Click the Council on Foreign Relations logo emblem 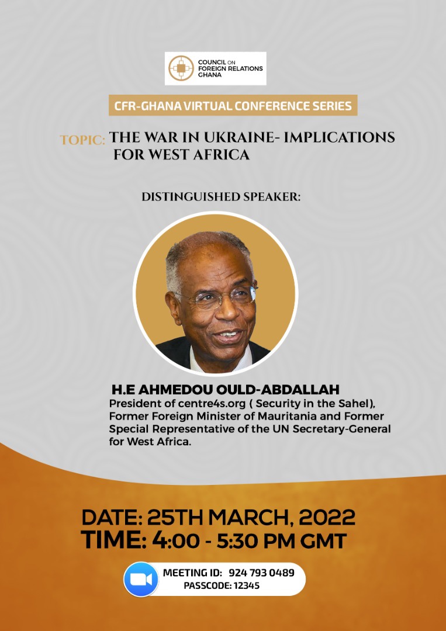[181, 69]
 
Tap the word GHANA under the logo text [209, 75]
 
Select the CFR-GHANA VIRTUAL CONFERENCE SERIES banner [233, 106]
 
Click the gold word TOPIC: [82, 141]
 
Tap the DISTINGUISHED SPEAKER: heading [221, 197]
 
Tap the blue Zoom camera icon [141, 579]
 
